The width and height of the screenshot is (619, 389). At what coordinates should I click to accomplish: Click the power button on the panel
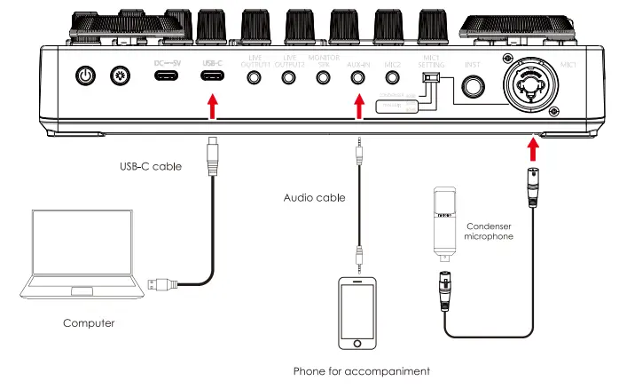84,76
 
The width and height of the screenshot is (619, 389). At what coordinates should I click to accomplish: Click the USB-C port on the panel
211,76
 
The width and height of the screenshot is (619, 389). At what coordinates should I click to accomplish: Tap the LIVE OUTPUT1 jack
255,76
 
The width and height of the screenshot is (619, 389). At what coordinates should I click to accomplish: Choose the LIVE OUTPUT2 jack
289,76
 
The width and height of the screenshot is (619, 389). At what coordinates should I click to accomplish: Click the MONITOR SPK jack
324,76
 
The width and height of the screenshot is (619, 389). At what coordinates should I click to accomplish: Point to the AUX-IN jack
359,76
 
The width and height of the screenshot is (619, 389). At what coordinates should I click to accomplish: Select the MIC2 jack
393,76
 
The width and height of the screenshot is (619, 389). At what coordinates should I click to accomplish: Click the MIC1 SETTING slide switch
430,79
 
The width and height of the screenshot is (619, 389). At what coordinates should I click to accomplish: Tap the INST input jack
474,86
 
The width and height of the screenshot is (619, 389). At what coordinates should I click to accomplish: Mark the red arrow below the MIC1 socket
534,146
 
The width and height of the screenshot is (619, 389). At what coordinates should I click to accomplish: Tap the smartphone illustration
357,314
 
